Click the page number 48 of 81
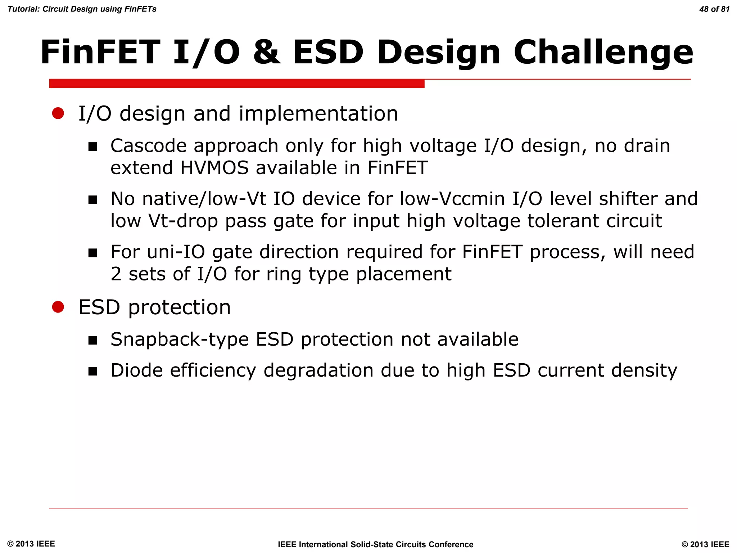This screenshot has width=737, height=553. [714, 9]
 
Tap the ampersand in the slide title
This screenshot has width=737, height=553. [266, 52]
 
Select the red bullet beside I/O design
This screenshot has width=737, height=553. [58, 113]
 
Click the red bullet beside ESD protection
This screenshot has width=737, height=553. [58, 307]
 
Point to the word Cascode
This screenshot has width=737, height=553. [148, 146]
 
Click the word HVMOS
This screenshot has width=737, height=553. [214, 168]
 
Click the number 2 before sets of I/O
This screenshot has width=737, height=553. [116, 274]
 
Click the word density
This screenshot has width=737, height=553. [644, 371]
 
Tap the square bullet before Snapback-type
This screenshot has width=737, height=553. [93, 340]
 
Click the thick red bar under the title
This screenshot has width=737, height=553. [237, 84]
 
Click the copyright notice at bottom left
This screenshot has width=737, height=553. [31, 544]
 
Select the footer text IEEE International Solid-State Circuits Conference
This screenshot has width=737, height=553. [375, 544]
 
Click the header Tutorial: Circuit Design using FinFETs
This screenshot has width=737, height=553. [82, 9]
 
